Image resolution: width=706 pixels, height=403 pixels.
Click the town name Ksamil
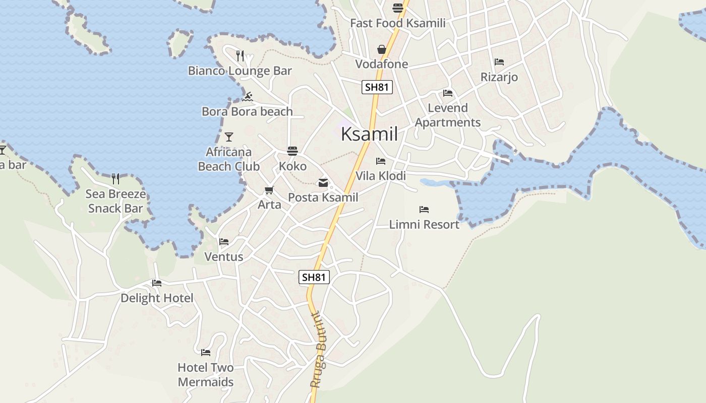click(369, 134)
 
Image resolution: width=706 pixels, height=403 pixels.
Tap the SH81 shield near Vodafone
click(377, 87)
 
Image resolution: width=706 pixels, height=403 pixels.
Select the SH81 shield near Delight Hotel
click(314, 277)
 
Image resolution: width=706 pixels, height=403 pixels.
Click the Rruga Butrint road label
click(320, 350)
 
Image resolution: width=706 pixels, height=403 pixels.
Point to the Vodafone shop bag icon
click(382, 49)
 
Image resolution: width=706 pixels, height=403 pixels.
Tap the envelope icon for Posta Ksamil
click(323, 183)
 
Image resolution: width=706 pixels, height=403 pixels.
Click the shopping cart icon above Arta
click(269, 190)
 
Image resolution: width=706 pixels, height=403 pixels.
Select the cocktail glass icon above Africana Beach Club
click(229, 137)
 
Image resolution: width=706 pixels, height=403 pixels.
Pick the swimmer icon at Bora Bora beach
click(247, 96)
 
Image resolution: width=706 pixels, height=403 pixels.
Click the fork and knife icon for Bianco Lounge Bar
click(240, 55)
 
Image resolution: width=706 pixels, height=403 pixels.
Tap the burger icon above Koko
click(292, 151)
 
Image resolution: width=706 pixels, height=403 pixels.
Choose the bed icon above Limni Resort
click(424, 209)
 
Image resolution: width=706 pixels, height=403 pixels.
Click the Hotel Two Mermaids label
click(205, 375)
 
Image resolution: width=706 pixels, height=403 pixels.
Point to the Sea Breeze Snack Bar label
click(115, 201)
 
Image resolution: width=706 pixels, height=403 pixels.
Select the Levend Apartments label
click(448, 115)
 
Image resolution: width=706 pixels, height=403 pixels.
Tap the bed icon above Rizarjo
click(499, 62)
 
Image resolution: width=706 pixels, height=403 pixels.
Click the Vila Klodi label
click(381, 176)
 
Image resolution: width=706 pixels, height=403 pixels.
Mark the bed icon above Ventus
click(224, 242)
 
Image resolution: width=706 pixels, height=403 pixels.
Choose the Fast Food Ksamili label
click(398, 23)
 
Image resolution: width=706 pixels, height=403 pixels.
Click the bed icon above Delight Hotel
click(157, 283)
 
